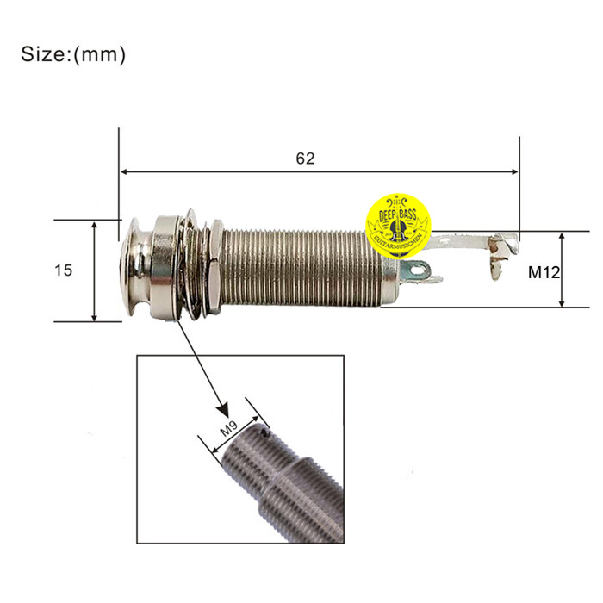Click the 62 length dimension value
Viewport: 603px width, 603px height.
point(305,159)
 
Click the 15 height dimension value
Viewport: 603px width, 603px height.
point(63,270)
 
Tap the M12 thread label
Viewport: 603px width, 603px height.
point(544,272)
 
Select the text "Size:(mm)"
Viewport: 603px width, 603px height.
point(73,54)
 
